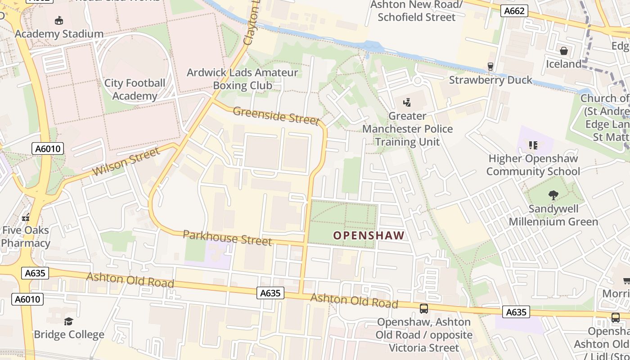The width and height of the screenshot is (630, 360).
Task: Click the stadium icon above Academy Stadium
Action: coord(59,20)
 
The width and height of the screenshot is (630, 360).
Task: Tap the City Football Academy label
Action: coord(135,90)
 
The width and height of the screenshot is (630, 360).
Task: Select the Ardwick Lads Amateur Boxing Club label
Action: coord(242,79)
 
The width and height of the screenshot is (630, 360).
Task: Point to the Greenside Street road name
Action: coord(276,116)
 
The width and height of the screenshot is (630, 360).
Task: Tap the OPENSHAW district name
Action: coord(369,235)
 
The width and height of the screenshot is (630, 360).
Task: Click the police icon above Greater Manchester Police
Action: coord(407,102)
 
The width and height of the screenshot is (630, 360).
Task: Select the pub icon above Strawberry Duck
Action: coord(490,67)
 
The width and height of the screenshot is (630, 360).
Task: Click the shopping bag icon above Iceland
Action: coord(563,50)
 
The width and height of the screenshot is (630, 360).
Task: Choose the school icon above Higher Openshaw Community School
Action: coord(533,145)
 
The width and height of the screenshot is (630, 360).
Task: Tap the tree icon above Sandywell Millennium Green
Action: coord(553,195)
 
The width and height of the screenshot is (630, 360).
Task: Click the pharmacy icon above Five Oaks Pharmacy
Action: coord(26,217)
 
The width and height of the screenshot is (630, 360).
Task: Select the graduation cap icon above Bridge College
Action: coord(68,321)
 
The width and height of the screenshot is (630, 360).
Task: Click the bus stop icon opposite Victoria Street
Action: coord(423,308)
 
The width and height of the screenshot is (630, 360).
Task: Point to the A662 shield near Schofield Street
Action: coord(514,11)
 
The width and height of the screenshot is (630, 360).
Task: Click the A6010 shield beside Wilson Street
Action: coord(48,148)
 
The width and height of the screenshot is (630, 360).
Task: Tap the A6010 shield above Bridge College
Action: coord(27,299)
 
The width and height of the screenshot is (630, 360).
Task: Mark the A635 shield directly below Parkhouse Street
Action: coord(271,293)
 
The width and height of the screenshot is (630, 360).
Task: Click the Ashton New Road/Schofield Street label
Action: coord(416,11)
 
